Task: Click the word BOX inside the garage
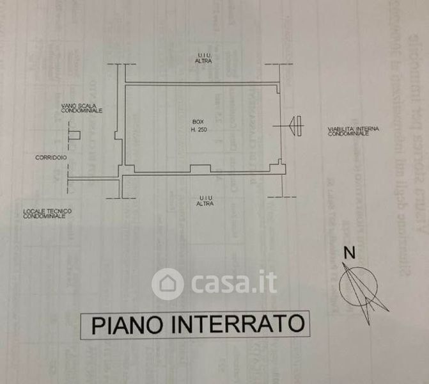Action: [195, 122]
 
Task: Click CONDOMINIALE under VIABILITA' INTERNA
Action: [348, 134]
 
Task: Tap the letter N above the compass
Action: [348, 252]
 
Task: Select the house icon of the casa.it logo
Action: [168, 284]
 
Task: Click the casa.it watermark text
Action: [233, 283]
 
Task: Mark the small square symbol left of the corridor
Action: [74, 135]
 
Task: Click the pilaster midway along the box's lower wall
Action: [201, 169]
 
